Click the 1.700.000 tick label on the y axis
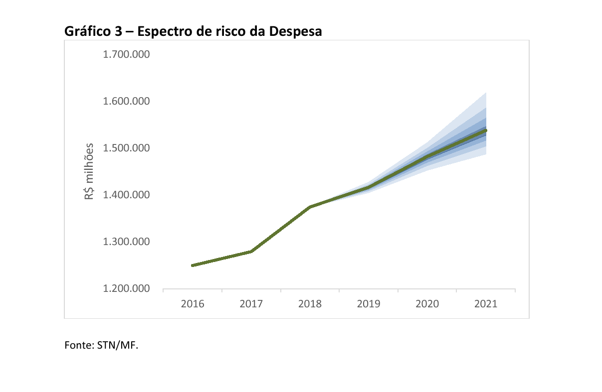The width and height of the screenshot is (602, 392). pos(126,54)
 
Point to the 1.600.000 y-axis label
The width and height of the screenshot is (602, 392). pos(126,101)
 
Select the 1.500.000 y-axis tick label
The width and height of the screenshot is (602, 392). pos(126,148)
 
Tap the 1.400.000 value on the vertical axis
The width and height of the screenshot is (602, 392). pos(126,195)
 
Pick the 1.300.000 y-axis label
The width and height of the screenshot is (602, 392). pos(126,242)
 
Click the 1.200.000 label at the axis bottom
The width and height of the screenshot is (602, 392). pos(126,289)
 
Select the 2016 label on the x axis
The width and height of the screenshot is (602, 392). pos(193,304)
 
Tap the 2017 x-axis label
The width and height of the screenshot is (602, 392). pos(251,304)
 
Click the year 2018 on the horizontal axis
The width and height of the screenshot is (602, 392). pos(310,304)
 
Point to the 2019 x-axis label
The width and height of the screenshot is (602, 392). pos(369,304)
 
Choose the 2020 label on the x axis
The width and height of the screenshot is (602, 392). pos(427,304)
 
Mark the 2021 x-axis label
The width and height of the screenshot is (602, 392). pos(486,304)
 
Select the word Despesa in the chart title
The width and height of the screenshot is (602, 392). pos(295,31)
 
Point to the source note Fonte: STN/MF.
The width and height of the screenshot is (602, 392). pos(101,345)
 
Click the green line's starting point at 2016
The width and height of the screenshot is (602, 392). pos(193,265)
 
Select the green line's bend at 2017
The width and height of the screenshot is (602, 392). pos(251,252)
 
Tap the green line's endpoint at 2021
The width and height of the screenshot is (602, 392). pos(485,131)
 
